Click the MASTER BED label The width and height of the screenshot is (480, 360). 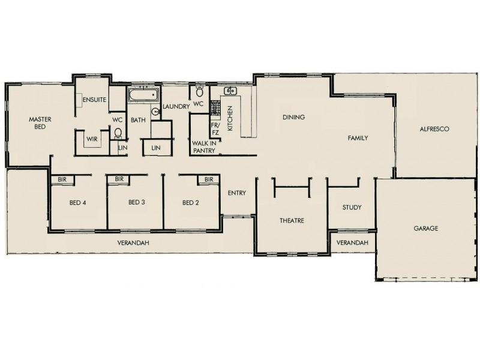coord(40,123)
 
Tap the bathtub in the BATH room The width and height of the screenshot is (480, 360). coord(143,94)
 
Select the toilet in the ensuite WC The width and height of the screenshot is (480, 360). coord(118,133)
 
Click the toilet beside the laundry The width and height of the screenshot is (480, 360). coord(200,92)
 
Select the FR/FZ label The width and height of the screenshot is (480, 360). coord(215,129)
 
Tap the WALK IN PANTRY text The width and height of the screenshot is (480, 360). coord(204,147)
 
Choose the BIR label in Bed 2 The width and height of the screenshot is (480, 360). coord(209,179)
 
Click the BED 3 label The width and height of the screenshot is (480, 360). coord(137,203)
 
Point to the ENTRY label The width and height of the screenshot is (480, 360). coord(237,193)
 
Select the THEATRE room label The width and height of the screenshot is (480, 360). coord(292,221)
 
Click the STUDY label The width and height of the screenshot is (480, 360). coord(352,208)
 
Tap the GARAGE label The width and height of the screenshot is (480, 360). coord(425,229)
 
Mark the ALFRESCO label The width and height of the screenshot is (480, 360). coord(434,129)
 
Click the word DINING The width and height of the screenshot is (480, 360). coord(294,117)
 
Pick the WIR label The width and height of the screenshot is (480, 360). coord(92,139)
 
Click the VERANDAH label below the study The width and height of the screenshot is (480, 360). coord(352,242)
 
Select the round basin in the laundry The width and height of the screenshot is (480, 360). coord(154,110)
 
